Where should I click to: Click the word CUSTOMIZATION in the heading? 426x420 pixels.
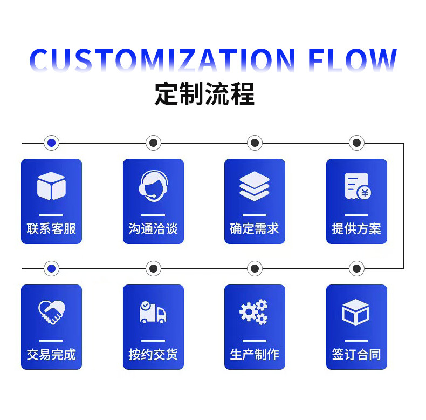(x=162, y=60)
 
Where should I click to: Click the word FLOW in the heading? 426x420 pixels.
(x=353, y=60)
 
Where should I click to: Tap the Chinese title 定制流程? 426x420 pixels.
(x=204, y=93)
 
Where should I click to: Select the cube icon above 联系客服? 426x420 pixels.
(x=51, y=186)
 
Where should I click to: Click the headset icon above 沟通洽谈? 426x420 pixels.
(x=153, y=185)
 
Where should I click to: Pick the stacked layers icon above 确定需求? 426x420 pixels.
(x=255, y=186)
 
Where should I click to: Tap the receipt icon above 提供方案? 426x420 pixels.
(x=357, y=186)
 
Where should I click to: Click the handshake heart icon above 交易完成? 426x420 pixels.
(x=51, y=312)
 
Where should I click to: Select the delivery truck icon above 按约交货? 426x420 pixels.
(x=153, y=313)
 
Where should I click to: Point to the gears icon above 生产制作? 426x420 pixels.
(x=254, y=312)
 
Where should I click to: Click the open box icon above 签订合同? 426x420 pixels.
(x=356, y=312)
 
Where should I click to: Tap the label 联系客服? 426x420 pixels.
(x=51, y=229)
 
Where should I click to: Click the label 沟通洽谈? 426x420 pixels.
(x=153, y=229)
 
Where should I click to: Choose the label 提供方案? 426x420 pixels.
(x=356, y=229)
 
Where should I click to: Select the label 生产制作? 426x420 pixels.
(x=255, y=355)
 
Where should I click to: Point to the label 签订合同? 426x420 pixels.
(x=356, y=355)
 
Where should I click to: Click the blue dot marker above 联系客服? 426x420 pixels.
(x=51, y=143)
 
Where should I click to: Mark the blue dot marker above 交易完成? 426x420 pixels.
(x=51, y=268)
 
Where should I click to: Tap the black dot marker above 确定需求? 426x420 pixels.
(x=255, y=143)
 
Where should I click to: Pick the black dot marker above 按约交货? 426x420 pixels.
(x=153, y=268)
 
